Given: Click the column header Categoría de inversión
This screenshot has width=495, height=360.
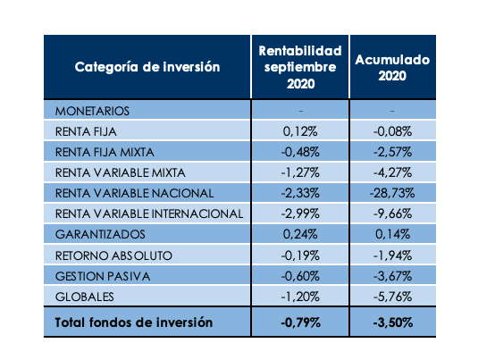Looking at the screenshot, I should [x=147, y=68].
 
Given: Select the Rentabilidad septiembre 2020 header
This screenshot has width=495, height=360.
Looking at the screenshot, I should [x=299, y=68].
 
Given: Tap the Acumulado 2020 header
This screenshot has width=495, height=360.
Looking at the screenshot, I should [x=392, y=68].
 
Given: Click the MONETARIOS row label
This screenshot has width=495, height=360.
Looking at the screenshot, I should [x=93, y=111].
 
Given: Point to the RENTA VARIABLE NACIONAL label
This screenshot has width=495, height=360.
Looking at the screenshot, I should [x=134, y=193].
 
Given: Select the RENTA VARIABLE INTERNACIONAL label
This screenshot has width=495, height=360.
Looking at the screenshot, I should [x=149, y=213].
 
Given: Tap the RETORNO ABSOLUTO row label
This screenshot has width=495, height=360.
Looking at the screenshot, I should [x=113, y=255].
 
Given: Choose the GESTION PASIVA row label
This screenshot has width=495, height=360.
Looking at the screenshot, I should [x=102, y=276].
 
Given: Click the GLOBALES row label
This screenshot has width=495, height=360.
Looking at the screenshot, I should [x=85, y=297].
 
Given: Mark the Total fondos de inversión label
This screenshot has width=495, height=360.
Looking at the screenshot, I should [x=133, y=322].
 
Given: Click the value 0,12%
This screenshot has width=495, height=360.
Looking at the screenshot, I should [x=300, y=131].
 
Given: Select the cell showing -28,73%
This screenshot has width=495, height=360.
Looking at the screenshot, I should [x=392, y=193].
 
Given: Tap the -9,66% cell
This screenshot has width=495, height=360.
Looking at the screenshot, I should [x=392, y=213].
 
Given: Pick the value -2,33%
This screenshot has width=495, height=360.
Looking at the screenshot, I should [x=300, y=193].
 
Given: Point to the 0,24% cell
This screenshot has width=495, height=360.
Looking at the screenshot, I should [x=300, y=234].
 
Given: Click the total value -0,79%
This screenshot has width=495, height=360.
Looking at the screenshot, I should [x=300, y=322].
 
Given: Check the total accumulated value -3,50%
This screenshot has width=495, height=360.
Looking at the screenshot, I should [x=392, y=322].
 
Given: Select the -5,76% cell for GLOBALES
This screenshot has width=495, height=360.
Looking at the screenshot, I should [x=392, y=297].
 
